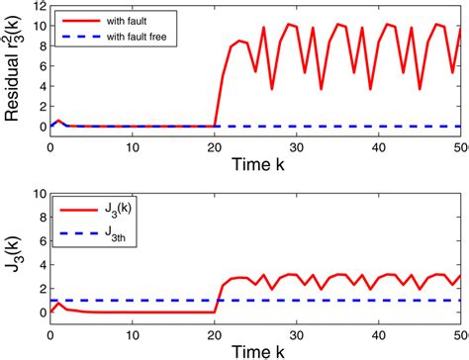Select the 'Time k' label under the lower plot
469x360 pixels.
point(255,351)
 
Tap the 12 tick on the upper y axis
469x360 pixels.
point(37,6)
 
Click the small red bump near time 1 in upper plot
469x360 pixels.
point(58,121)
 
